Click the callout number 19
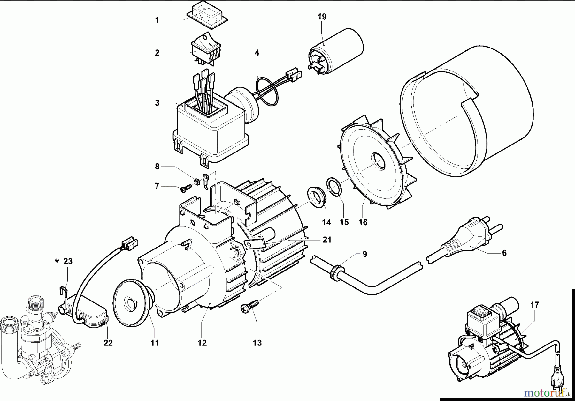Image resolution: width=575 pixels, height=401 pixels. tap(322, 17)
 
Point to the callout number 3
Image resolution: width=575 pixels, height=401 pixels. tap(157, 103)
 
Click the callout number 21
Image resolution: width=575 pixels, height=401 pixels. tap(327, 240)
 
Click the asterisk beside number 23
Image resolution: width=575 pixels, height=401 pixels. tap(57, 261)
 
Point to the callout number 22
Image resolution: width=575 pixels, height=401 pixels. tap(108, 343)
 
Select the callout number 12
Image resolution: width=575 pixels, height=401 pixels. tap(202, 343)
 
